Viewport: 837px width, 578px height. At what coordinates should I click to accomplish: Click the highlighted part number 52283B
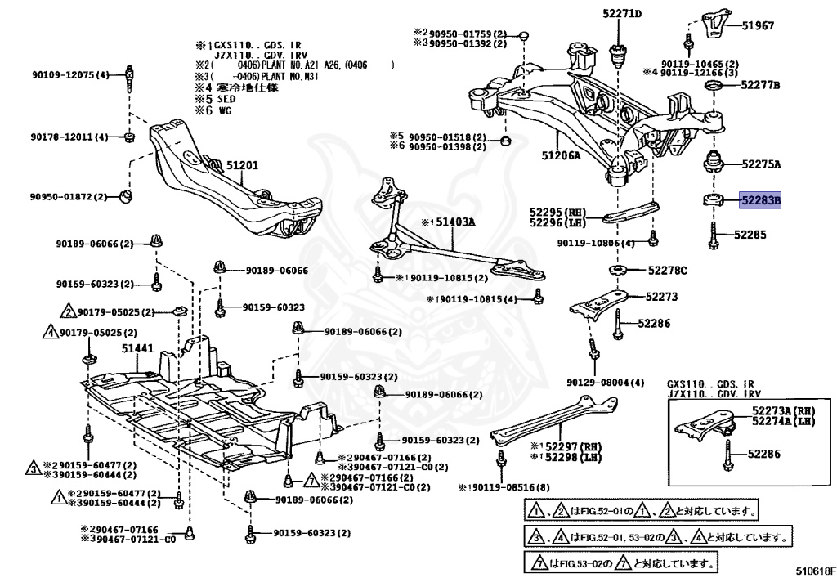click(x=760, y=199)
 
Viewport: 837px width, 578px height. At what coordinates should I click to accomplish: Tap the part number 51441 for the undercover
click(x=138, y=349)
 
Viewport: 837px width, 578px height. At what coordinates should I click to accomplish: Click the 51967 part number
click(x=758, y=26)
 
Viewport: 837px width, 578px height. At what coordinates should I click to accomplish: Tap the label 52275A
click(x=761, y=164)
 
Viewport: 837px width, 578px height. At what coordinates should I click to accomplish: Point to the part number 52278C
click(x=668, y=270)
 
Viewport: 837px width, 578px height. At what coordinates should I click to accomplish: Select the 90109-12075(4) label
click(x=70, y=75)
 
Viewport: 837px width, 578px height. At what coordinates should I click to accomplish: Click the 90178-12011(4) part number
click(x=70, y=137)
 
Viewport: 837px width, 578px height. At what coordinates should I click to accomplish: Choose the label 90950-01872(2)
click(x=70, y=196)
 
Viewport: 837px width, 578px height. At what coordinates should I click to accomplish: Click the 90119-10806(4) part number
click(x=596, y=243)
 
